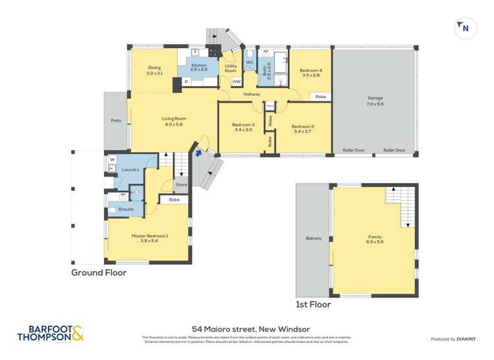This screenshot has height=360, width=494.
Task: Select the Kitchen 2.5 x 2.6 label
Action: click(199, 68)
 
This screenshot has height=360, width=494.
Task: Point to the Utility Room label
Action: click(231, 68)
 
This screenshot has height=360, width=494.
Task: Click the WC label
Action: click(250, 63)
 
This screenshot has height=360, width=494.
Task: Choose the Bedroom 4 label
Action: click(311, 72)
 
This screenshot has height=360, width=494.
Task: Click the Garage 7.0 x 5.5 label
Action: click(375, 101)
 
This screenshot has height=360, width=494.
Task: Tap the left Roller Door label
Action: click(354, 151)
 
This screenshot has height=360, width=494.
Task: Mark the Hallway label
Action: click(252, 94)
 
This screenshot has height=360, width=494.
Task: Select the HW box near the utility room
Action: click(236, 82)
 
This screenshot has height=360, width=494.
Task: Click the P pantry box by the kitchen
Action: click(186, 82)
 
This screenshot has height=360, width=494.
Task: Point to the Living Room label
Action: click(174, 121)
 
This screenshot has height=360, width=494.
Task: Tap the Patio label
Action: click(116, 120)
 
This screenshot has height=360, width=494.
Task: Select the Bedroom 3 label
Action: click(244, 127)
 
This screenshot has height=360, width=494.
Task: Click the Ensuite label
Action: click(126, 209)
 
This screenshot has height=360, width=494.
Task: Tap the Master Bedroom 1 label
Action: click(150, 238)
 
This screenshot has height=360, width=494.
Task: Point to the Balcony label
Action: click(314, 238)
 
